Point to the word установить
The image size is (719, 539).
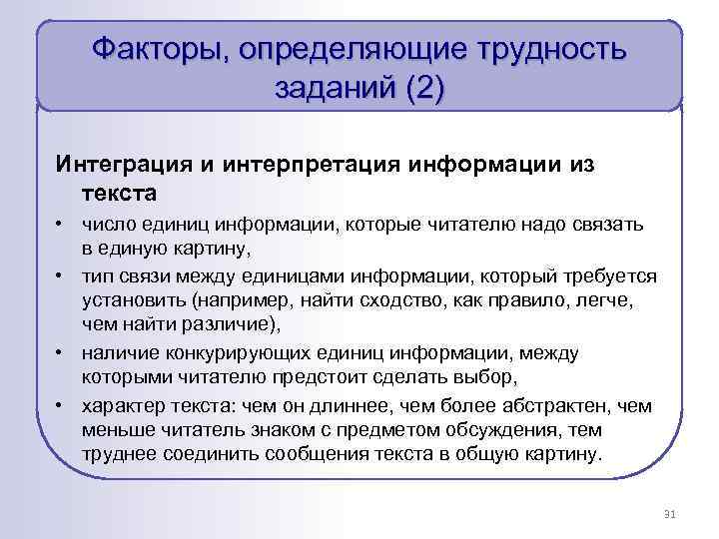131,298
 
